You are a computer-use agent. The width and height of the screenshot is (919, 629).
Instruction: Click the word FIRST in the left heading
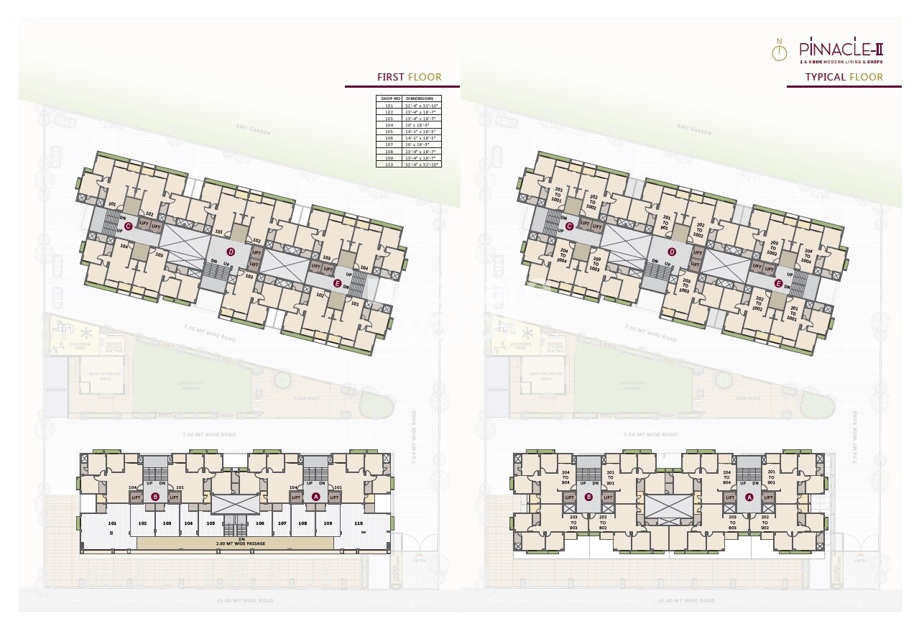pyautogui.click(x=391, y=77)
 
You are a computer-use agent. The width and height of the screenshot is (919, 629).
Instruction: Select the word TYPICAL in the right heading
pyautogui.click(x=824, y=77)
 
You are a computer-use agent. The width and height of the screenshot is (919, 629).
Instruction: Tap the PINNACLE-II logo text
pyautogui.click(x=841, y=50)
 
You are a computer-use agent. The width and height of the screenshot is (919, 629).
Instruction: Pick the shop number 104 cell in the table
pyautogui.click(x=389, y=124)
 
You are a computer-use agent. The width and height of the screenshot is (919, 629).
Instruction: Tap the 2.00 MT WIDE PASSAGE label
pyautogui.click(x=241, y=543)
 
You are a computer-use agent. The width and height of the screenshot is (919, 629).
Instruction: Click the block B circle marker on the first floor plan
pyautogui.click(x=155, y=497)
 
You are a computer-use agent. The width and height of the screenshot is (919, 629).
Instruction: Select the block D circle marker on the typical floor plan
pyautogui.click(x=672, y=252)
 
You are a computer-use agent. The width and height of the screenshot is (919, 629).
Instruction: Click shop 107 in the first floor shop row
pyautogui.click(x=282, y=523)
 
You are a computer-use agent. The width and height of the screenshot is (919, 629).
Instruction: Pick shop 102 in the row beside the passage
pyautogui.click(x=142, y=523)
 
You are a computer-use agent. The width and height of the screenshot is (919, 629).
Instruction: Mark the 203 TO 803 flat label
pyautogui.click(x=732, y=522)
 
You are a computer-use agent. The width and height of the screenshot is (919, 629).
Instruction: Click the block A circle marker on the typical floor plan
pyautogui.click(x=749, y=497)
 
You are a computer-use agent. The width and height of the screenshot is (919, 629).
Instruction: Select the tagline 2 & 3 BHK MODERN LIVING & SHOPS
pyautogui.click(x=841, y=62)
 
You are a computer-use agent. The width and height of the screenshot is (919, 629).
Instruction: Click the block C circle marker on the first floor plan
pyautogui.click(x=128, y=226)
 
